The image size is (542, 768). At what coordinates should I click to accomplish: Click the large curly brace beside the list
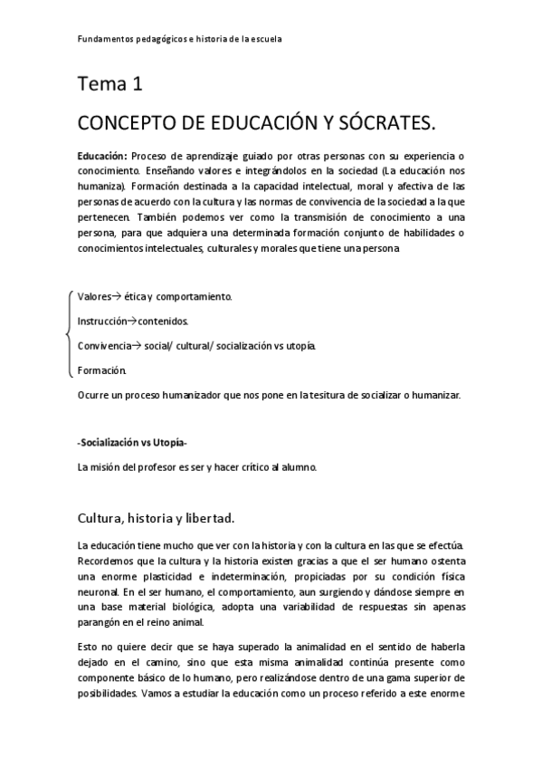point(69,333)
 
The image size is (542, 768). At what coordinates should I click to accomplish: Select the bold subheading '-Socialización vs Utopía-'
point(132,443)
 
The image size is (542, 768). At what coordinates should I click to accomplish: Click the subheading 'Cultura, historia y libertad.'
point(157,518)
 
